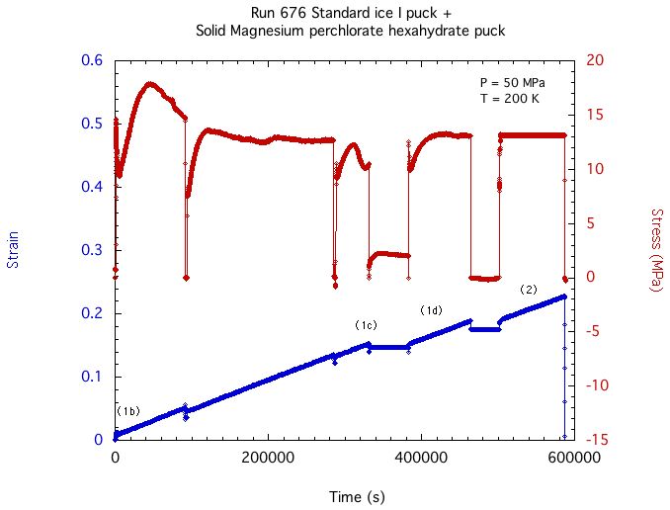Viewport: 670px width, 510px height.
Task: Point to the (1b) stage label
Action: click(127, 411)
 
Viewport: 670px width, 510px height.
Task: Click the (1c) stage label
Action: click(366, 325)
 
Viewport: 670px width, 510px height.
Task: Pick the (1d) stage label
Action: click(431, 310)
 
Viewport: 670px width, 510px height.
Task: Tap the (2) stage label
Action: click(529, 290)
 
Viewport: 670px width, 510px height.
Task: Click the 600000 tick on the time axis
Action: click(574, 459)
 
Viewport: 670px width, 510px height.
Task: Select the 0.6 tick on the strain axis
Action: click(91, 60)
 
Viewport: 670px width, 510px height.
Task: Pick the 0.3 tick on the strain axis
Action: click(91, 250)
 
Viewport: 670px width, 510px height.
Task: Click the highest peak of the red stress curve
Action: click(149, 84)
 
